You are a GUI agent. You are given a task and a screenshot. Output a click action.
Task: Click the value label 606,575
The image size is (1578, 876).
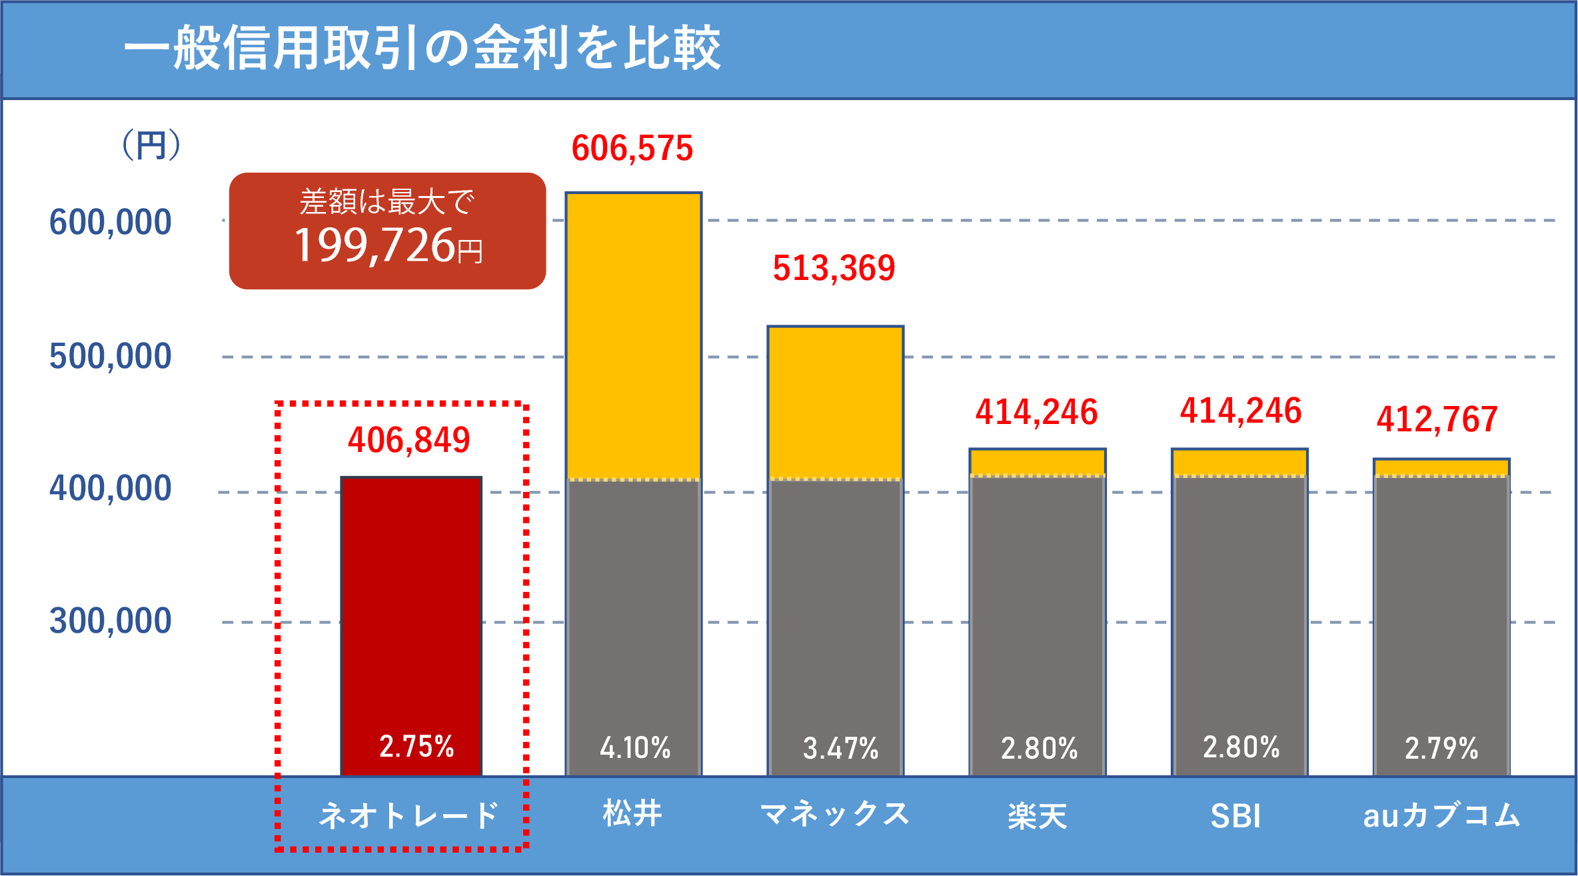click(632, 148)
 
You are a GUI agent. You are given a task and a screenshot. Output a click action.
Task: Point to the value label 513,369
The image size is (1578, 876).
click(834, 268)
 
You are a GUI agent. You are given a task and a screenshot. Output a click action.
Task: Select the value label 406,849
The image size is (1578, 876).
click(408, 440)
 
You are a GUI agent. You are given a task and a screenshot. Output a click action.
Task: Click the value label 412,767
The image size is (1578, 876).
click(1437, 419)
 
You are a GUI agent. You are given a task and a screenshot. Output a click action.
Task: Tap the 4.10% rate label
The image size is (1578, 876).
click(634, 748)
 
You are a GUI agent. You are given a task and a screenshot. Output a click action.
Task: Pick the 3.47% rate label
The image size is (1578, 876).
click(840, 748)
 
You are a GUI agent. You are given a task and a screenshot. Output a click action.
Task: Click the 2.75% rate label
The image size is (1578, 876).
click(416, 746)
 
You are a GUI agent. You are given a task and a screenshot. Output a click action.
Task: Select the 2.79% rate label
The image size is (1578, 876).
click(1441, 748)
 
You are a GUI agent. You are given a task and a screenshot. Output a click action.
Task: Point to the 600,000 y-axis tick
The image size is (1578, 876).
click(111, 222)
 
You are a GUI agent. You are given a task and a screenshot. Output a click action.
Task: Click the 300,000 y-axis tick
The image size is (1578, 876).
click(111, 621)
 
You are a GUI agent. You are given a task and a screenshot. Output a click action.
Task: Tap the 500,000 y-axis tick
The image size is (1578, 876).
click(111, 356)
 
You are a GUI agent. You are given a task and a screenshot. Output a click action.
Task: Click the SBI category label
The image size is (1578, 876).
click(1235, 816)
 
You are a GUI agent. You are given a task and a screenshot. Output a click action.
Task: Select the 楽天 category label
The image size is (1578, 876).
click(1037, 816)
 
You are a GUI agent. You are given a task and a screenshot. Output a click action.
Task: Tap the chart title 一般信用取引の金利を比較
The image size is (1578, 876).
click(422, 48)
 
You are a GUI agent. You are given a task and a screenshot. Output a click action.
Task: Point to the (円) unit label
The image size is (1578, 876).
click(151, 145)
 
